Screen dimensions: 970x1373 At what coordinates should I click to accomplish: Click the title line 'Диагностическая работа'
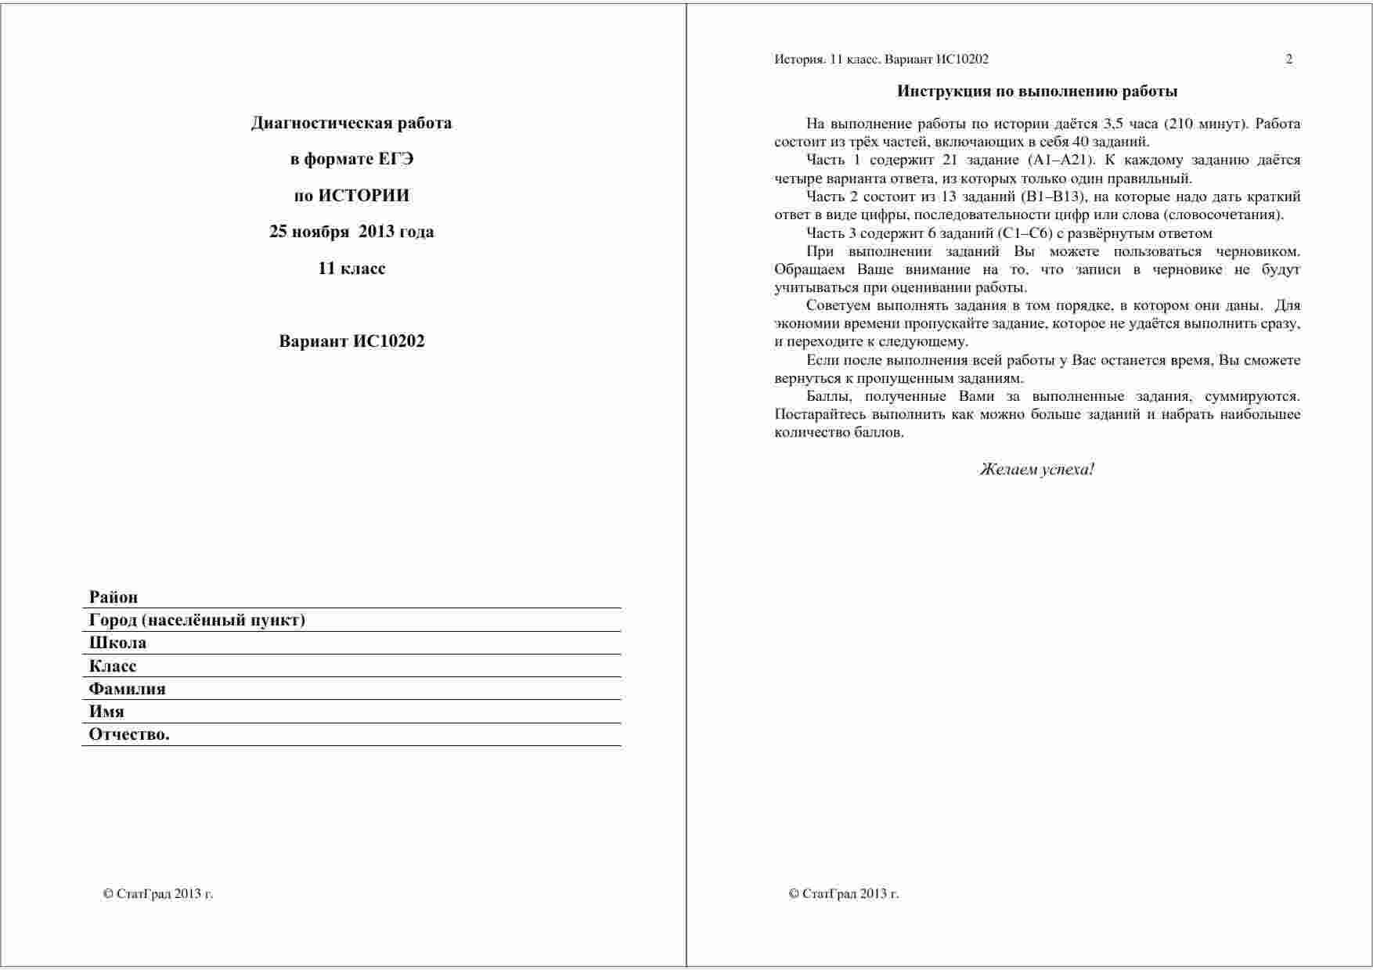coord(351,123)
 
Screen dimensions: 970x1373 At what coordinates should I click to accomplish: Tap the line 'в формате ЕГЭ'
coord(351,159)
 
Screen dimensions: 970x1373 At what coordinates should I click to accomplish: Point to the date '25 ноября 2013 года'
coord(351,232)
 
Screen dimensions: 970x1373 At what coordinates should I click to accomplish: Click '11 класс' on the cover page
coord(351,269)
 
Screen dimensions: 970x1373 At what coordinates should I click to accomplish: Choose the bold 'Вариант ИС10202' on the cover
coord(351,341)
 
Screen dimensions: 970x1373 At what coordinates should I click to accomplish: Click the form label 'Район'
coord(114,597)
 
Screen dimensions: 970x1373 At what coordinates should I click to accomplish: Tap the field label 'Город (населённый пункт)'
coord(197,620)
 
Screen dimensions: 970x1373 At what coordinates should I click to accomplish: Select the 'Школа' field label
coord(117,643)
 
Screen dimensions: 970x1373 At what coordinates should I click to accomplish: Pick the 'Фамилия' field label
coord(128,689)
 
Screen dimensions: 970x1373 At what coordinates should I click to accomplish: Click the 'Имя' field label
coord(106,712)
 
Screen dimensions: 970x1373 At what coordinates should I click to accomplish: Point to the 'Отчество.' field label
coord(129,734)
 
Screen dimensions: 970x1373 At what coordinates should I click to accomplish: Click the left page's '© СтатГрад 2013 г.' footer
coord(158,894)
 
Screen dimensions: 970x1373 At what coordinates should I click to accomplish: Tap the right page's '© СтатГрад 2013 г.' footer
coord(844,894)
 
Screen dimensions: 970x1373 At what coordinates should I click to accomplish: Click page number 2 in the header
coord(1289,59)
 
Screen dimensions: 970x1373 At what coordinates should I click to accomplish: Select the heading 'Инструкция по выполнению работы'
coord(1037,92)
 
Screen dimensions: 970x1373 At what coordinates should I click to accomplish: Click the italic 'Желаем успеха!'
coord(1037,470)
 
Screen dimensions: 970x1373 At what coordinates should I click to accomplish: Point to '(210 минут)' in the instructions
coord(1209,124)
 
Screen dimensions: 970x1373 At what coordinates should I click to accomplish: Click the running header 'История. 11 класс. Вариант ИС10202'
coord(881,59)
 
